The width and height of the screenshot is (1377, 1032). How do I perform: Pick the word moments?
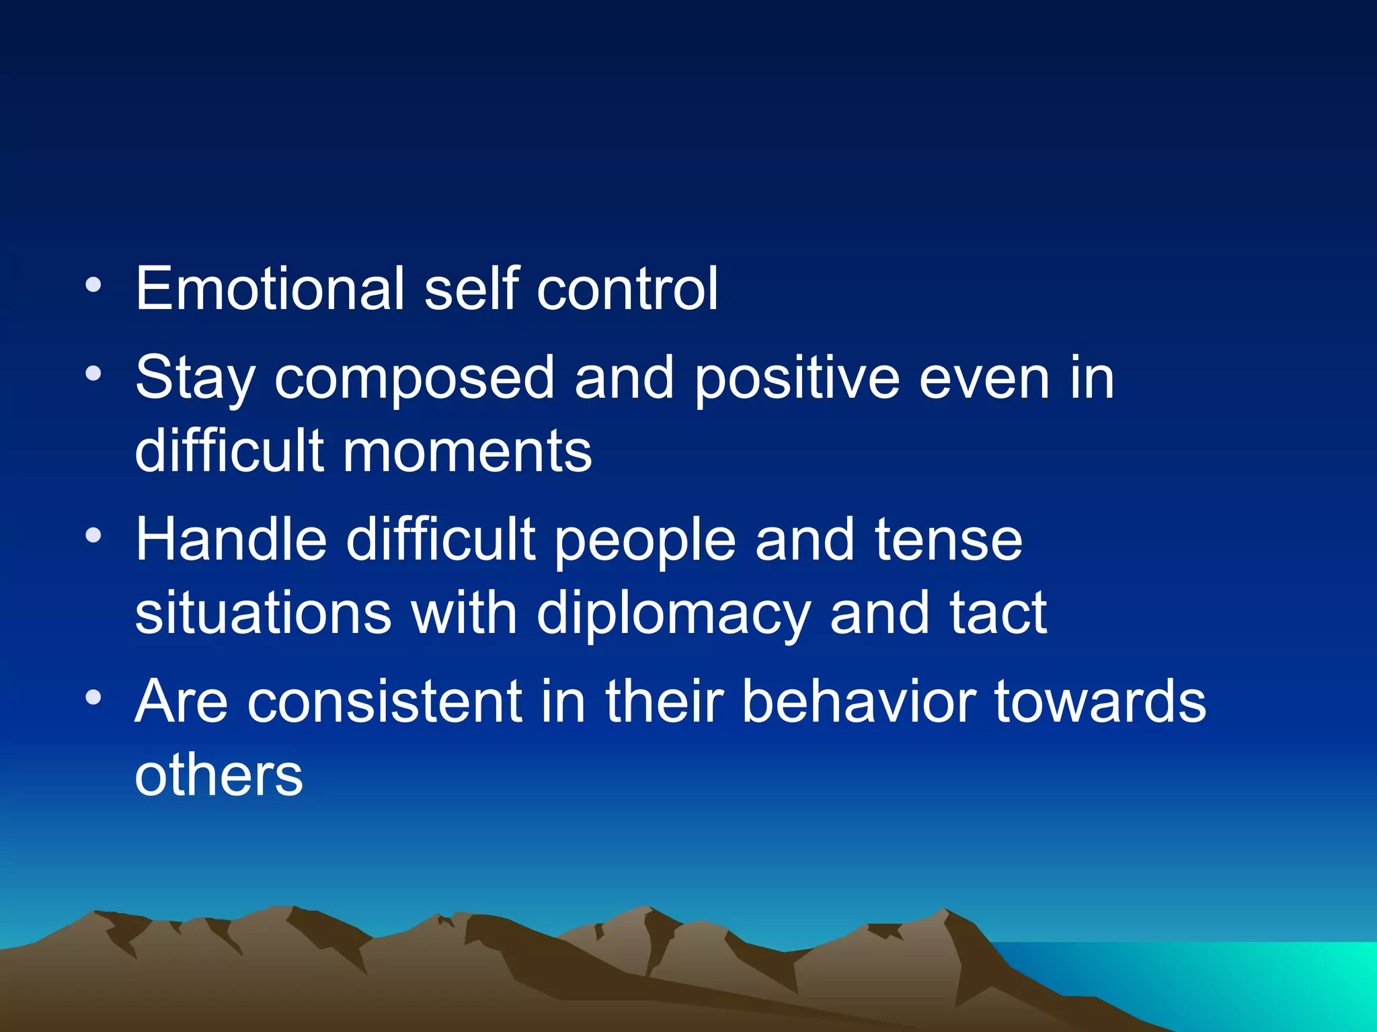tap(467, 451)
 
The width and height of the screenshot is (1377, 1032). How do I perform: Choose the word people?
tap(645, 542)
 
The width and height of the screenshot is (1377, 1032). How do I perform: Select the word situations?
tap(263, 613)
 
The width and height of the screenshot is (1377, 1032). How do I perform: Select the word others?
tap(219, 776)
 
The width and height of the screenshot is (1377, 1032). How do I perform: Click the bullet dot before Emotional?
tap(94, 286)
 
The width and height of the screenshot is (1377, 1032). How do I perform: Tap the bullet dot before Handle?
tap(94, 536)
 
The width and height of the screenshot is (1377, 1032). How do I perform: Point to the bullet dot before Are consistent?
tap(94, 698)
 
